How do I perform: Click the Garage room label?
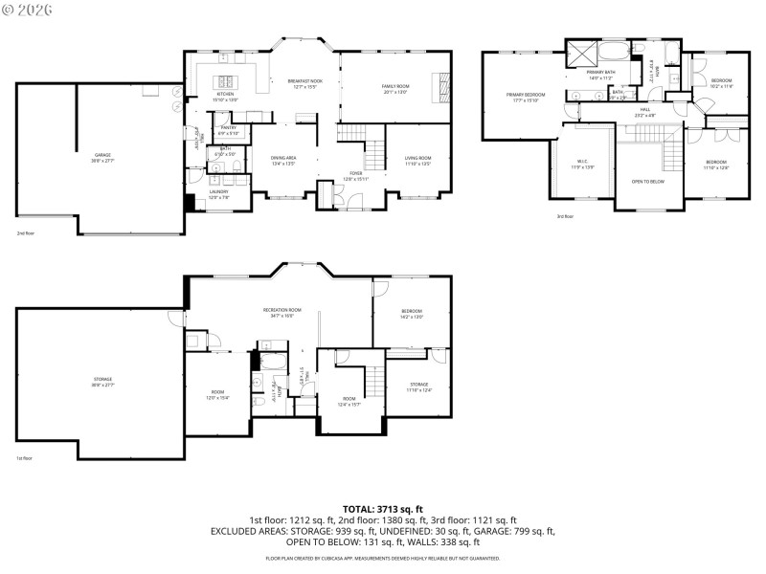[x=101, y=156]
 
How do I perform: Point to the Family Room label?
[x=395, y=89]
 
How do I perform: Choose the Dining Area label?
[x=282, y=160]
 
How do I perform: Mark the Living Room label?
[x=417, y=160]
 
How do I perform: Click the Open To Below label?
[x=647, y=181]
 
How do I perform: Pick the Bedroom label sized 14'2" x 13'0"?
[x=412, y=313]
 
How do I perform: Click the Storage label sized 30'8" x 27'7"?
[x=101, y=382]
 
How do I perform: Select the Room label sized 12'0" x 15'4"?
[x=217, y=394]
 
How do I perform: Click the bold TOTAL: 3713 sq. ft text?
[x=383, y=509]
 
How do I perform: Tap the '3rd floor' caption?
[x=565, y=216]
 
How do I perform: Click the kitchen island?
[x=227, y=80]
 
